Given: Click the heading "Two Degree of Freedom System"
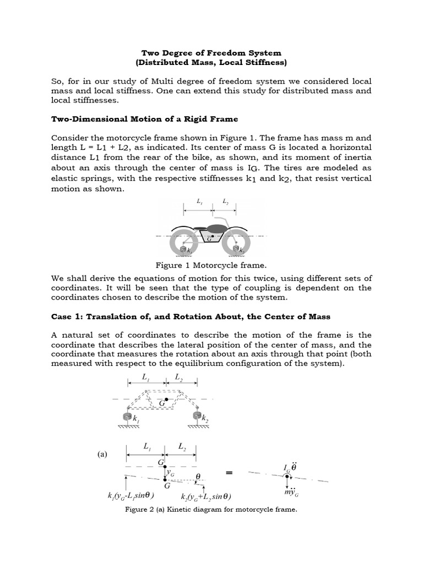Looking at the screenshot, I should tap(211, 53).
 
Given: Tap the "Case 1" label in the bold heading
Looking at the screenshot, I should tap(67, 316).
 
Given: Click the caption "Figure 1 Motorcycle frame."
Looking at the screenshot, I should tap(211, 265).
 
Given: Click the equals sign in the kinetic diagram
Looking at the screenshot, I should tap(229, 473).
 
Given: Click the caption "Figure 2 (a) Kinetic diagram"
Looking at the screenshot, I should tap(211, 509).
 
